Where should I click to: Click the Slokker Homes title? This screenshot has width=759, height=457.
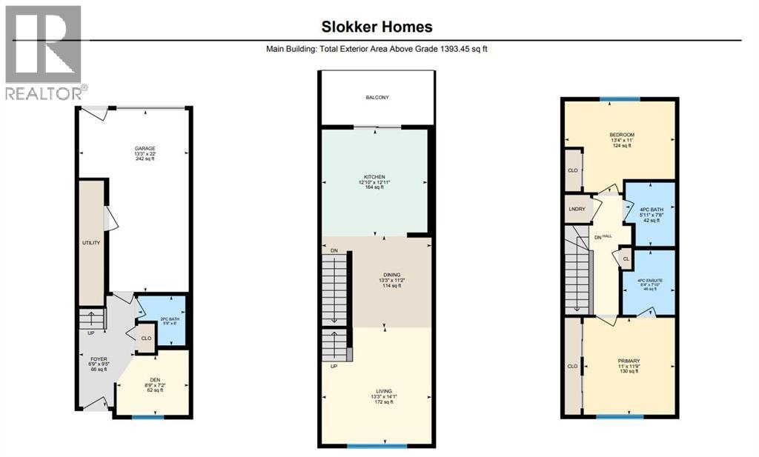click(377, 27)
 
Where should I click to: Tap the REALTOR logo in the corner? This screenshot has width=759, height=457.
click(44, 52)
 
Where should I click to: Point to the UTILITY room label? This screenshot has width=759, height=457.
click(91, 242)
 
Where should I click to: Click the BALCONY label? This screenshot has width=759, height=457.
click(377, 98)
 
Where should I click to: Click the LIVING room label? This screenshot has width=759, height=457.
click(383, 390)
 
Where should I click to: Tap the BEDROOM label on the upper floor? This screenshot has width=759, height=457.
click(621, 135)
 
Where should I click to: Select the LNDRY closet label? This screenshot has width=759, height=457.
click(577, 209)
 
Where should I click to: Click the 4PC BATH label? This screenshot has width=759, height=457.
click(649, 210)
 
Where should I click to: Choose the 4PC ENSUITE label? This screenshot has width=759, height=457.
click(649, 281)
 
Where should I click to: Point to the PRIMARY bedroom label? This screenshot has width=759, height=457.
click(629, 361)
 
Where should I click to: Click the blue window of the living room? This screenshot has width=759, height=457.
click(377, 446)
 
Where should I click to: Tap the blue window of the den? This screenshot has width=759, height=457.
click(148, 418)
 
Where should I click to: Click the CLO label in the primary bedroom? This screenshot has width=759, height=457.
click(572, 366)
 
